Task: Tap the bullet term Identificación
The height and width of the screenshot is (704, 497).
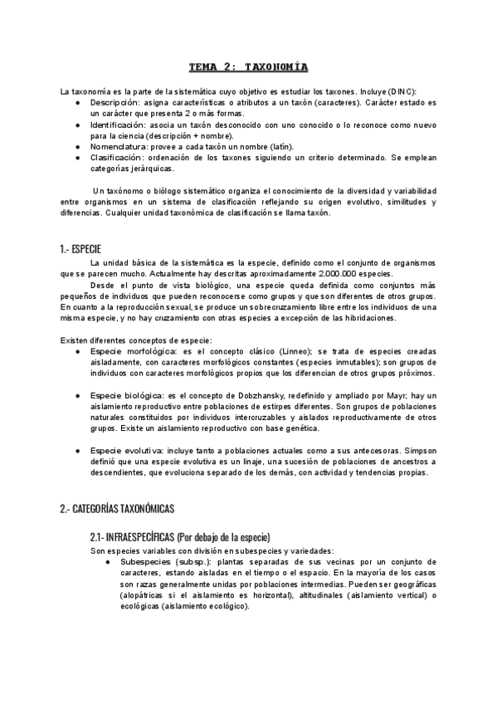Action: coord(122,124)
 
